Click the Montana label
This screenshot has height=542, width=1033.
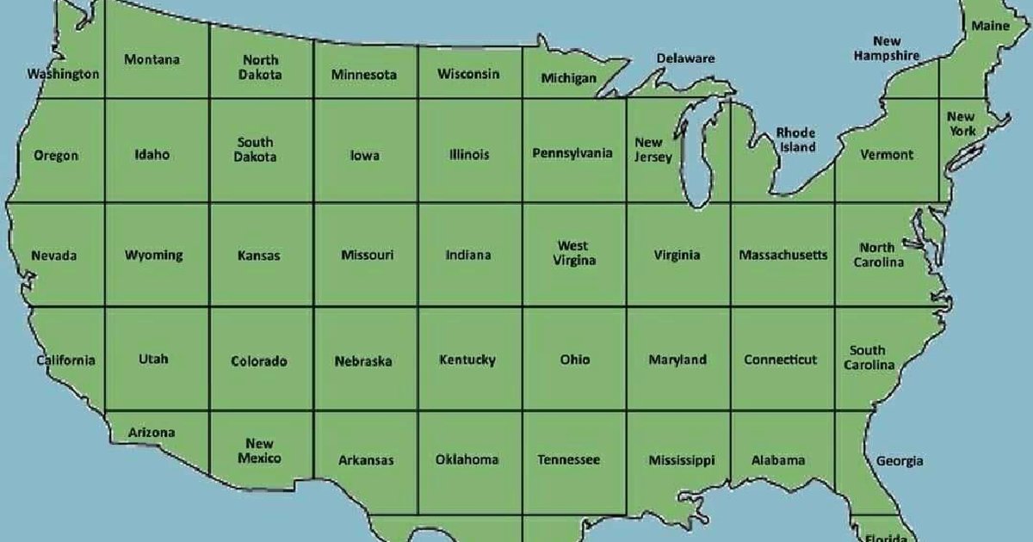pos(152,59)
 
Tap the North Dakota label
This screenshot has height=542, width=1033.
pos(260,67)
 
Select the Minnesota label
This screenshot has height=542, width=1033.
pos(364,75)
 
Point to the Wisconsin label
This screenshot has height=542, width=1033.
pos(468,74)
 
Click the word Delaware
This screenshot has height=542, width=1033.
pos(686,59)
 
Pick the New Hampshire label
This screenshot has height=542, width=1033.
pos(887,48)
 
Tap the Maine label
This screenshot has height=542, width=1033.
pos(991,26)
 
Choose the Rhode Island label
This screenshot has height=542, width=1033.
pos(796,139)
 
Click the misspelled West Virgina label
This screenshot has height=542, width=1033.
pos(573,253)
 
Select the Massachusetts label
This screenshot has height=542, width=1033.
pos(783,255)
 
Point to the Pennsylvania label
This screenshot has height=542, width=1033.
pos(572,153)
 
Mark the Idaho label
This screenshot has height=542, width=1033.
pos(152,155)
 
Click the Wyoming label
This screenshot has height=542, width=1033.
pos(154,255)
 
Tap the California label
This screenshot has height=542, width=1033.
pos(65,360)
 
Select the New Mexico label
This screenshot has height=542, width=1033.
pos(259,451)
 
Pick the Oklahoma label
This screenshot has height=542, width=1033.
pos(467,459)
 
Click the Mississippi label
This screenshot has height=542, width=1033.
pos(682,460)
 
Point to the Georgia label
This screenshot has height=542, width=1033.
pos(900,461)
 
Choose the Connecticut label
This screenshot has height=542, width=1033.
pos(781,360)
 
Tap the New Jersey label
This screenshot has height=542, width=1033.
pos(652,150)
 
